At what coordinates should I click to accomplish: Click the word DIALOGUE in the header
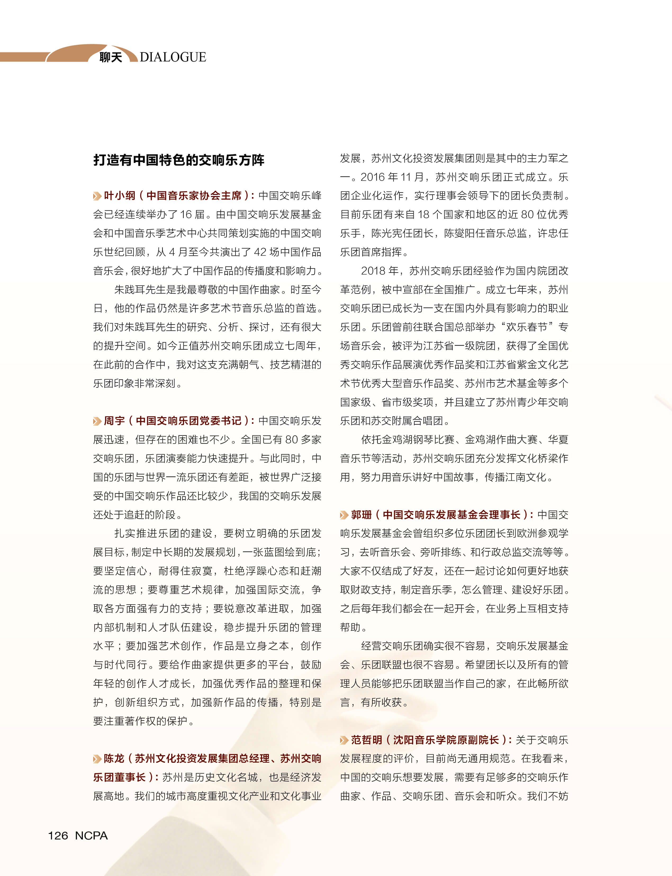click(x=173, y=57)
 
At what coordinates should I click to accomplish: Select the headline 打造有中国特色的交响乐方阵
click(x=179, y=160)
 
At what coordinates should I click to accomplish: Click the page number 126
click(x=58, y=835)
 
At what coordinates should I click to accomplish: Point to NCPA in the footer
click(x=91, y=835)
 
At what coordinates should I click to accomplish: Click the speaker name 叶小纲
click(x=120, y=196)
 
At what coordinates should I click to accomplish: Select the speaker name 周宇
click(x=114, y=421)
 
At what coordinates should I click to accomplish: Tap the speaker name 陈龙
click(x=114, y=759)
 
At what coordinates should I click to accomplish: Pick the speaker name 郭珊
click(x=362, y=515)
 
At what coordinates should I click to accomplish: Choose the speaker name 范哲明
click(x=367, y=740)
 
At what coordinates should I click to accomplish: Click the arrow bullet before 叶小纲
click(x=97, y=196)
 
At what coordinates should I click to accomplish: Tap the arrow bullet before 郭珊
click(x=344, y=515)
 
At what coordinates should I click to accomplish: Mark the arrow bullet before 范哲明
click(x=344, y=740)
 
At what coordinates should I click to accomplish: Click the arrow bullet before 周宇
click(x=97, y=421)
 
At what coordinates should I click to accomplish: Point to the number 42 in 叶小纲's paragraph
click(x=260, y=252)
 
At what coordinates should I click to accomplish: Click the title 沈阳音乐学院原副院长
click(x=446, y=740)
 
